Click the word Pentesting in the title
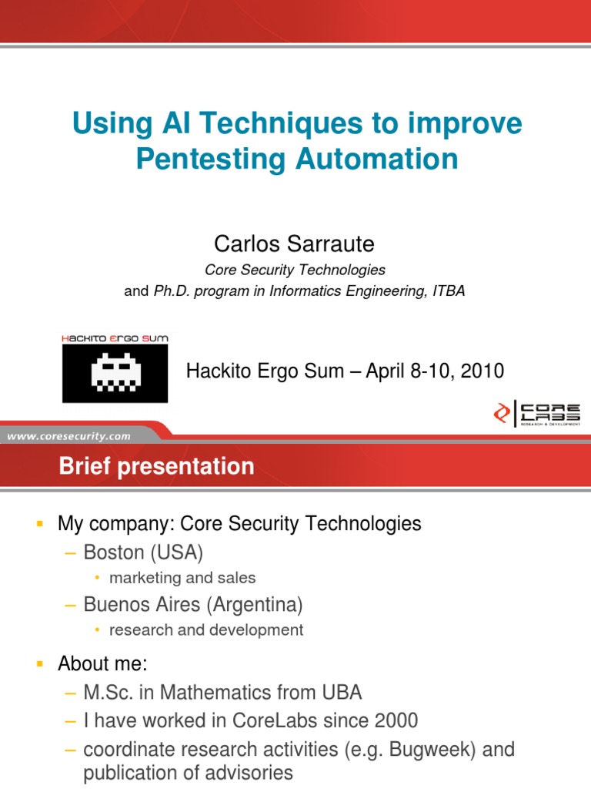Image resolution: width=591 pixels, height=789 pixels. pyautogui.click(x=212, y=159)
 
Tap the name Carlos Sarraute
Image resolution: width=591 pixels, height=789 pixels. pyautogui.click(x=295, y=244)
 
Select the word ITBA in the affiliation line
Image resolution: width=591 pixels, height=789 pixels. pyautogui.click(x=449, y=290)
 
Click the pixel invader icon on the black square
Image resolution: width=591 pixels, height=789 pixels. pyautogui.click(x=115, y=372)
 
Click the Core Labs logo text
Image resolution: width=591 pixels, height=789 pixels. pyautogui.click(x=550, y=413)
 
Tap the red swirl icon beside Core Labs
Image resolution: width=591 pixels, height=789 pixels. pyautogui.click(x=502, y=413)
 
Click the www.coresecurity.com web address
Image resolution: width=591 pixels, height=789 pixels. pyautogui.click(x=68, y=436)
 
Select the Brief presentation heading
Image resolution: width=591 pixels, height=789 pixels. pyautogui.click(x=156, y=466)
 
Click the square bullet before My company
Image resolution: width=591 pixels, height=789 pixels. pyautogui.click(x=40, y=524)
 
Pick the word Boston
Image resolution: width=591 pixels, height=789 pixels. pyautogui.click(x=114, y=552)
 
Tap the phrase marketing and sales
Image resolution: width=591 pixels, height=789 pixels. pyautogui.click(x=182, y=578)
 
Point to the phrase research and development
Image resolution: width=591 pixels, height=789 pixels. pyautogui.click(x=206, y=630)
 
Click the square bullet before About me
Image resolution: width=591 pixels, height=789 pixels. pyautogui.click(x=40, y=664)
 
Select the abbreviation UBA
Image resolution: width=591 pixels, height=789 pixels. pyautogui.click(x=342, y=693)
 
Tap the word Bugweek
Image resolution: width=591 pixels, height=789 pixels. pyautogui.click(x=432, y=749)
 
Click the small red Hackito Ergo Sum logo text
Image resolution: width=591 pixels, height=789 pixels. pyautogui.click(x=115, y=338)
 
